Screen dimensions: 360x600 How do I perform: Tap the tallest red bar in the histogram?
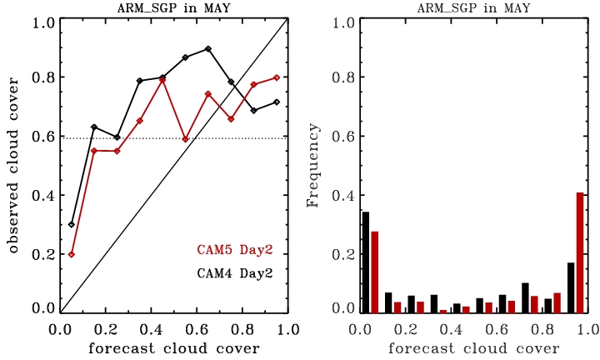point(579,252)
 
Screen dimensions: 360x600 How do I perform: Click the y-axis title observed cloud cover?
point(13,167)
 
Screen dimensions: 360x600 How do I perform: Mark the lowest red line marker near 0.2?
point(72,254)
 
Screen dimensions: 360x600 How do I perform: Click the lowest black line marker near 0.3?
point(72,224)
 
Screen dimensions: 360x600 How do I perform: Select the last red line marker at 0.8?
point(276,77)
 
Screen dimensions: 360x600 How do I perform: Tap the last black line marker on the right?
point(276,102)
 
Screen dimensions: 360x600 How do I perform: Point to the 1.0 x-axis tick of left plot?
point(287,328)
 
